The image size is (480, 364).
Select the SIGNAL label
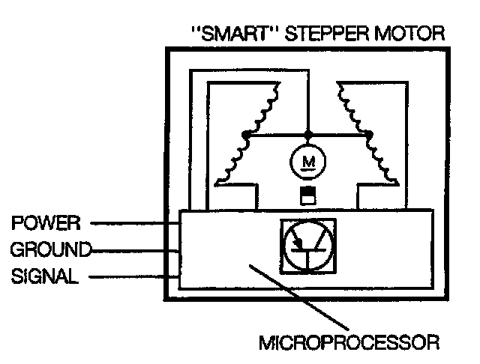pyautogui.click(x=44, y=277)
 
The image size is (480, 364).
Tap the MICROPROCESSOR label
pyautogui.click(x=348, y=345)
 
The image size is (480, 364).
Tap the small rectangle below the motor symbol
pyautogui.click(x=306, y=196)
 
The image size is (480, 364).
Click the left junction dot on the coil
pyautogui.click(x=244, y=136)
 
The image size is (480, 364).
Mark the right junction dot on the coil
pyautogui.click(x=369, y=136)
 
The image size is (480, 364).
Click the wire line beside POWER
pyautogui.click(x=131, y=223)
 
